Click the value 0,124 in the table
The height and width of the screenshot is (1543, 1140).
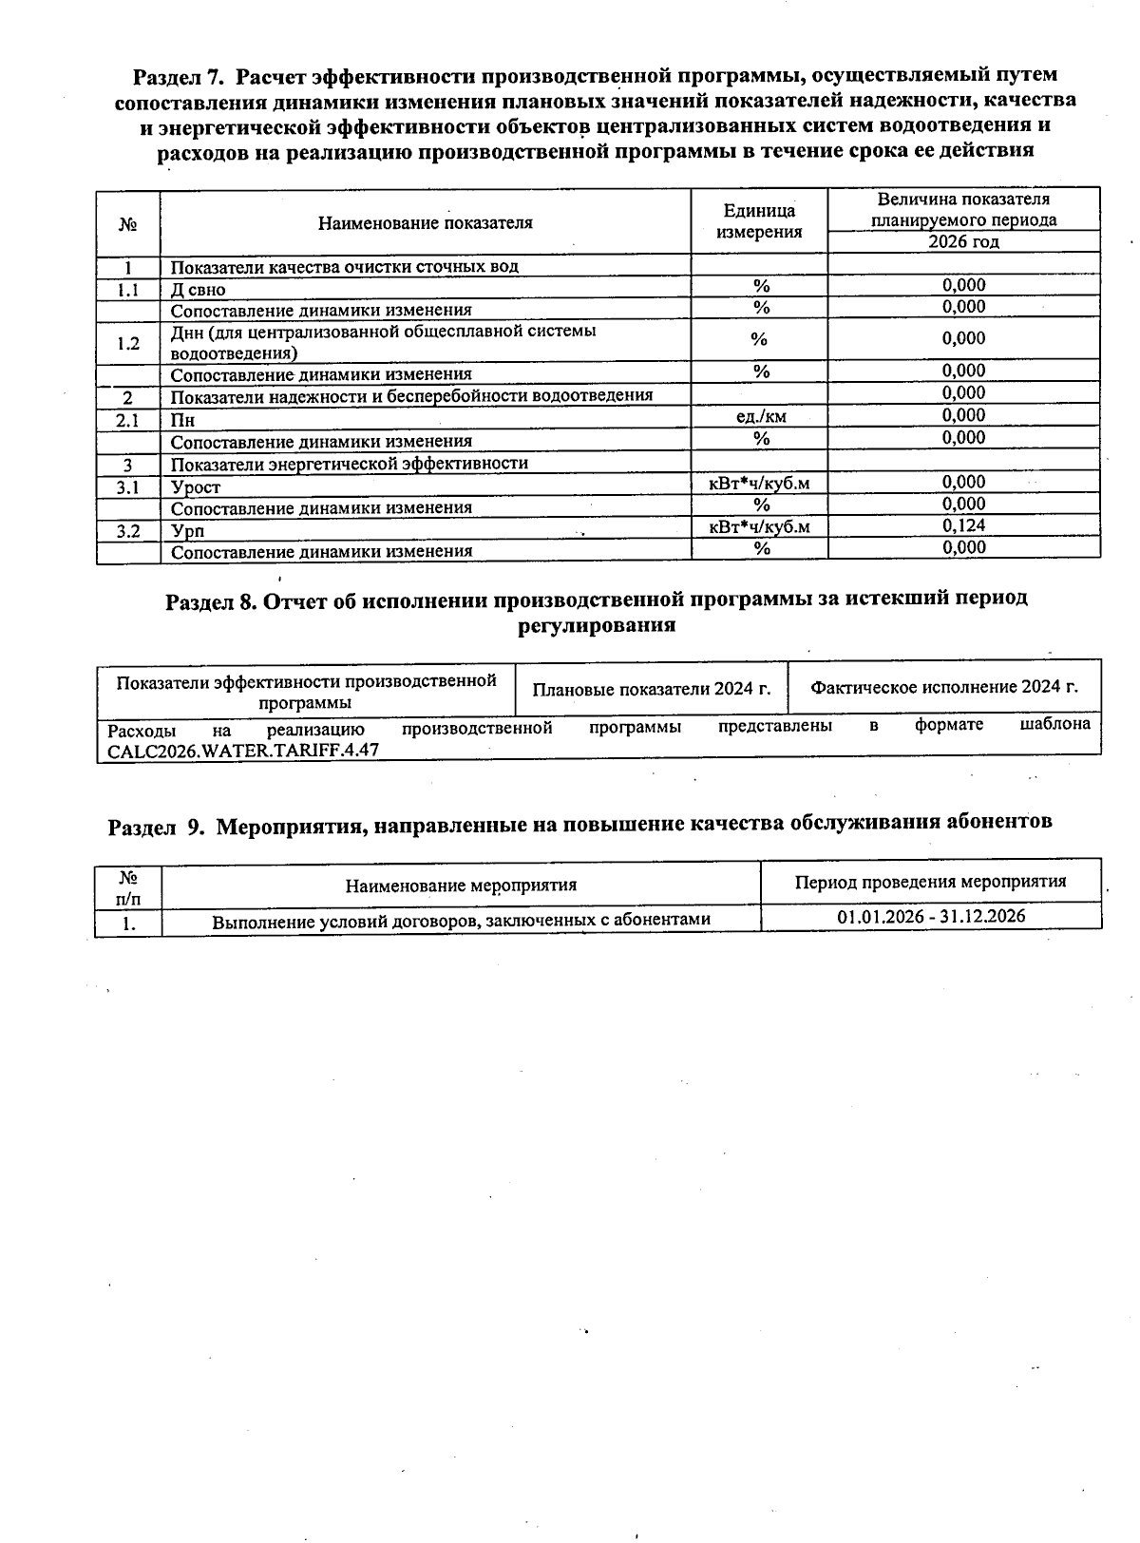click(963, 525)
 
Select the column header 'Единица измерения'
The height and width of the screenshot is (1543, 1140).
click(759, 221)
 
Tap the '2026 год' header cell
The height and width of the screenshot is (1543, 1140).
click(963, 241)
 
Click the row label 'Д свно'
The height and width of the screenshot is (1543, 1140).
click(199, 290)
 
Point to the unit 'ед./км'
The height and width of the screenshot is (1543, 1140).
click(761, 416)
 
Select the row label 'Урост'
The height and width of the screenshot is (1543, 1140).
click(196, 487)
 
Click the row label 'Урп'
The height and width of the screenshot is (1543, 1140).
click(187, 531)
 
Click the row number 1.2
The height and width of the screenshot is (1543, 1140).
click(127, 343)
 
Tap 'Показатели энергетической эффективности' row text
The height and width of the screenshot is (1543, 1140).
click(349, 464)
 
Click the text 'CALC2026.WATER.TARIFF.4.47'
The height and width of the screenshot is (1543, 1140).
click(243, 749)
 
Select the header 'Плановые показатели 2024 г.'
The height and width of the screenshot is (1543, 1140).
click(651, 689)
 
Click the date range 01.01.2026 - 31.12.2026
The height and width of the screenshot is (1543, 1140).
click(931, 916)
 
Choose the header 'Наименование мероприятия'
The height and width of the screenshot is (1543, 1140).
click(461, 886)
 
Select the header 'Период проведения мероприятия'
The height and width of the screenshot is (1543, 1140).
click(930, 882)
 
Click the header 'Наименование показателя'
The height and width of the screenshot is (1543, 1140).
click(425, 223)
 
